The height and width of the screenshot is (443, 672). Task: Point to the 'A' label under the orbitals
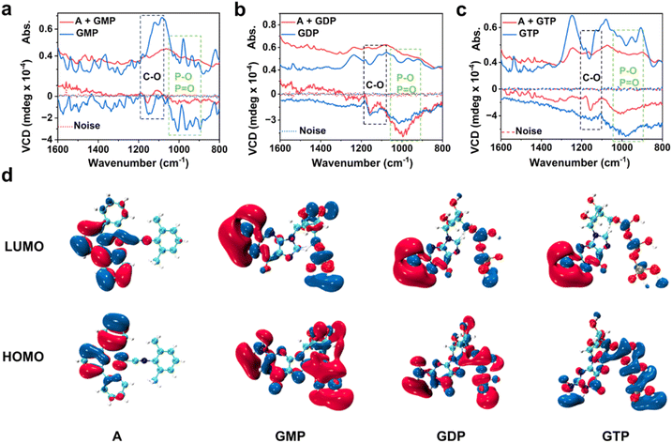pos(116,434)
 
